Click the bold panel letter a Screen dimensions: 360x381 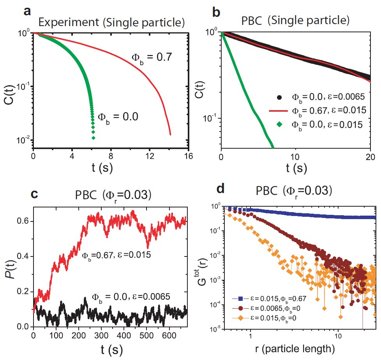[27, 11]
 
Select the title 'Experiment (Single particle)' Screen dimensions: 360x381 [106, 23]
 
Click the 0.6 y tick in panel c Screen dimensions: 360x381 [24, 221]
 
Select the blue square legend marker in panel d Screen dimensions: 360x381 [241, 298]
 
